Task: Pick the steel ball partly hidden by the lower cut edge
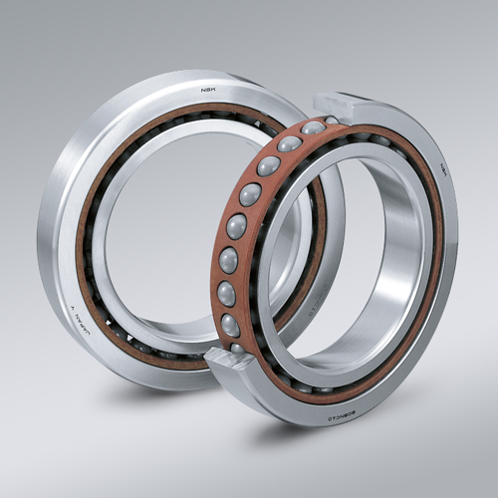coord(236,349)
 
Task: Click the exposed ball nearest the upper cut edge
coord(313,127)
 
